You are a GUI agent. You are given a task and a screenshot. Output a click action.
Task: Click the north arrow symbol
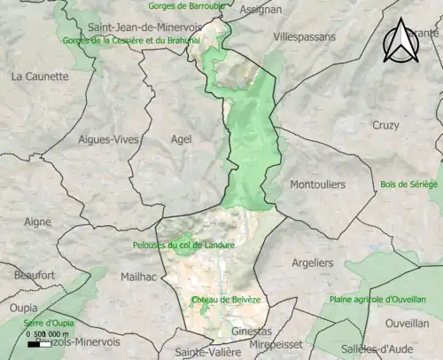pos(401,41)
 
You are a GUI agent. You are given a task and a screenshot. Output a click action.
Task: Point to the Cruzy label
pos(385,125)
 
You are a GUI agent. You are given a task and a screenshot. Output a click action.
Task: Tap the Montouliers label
pos(317,184)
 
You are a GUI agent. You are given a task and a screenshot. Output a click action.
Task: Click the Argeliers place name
pos(312,262)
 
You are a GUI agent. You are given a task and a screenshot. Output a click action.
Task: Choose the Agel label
pos(181,138)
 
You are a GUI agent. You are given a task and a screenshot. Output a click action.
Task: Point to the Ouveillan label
pos(408,324)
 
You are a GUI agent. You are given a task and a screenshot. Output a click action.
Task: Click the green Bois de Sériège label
pos(408,184)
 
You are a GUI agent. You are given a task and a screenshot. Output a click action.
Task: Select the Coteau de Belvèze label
pos(226,300)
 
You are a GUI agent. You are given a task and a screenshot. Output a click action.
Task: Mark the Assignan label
pos(261,10)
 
